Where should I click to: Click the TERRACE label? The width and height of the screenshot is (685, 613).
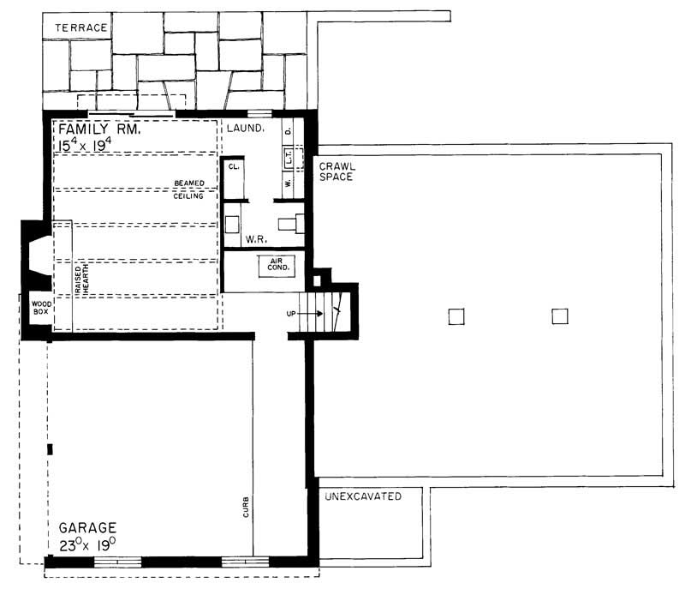(x=81, y=27)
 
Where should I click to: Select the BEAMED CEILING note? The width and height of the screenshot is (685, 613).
(x=188, y=189)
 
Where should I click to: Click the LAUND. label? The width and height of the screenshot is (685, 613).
(x=246, y=129)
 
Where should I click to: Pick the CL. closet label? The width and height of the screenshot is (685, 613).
(x=234, y=169)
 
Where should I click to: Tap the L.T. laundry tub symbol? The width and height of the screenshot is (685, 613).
(x=289, y=157)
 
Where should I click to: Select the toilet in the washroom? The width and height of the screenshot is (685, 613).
(x=295, y=224)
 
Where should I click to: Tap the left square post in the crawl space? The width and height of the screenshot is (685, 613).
(x=456, y=316)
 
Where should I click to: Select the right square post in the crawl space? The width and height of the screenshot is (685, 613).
(x=559, y=316)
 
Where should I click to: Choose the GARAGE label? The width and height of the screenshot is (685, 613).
(x=87, y=527)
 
